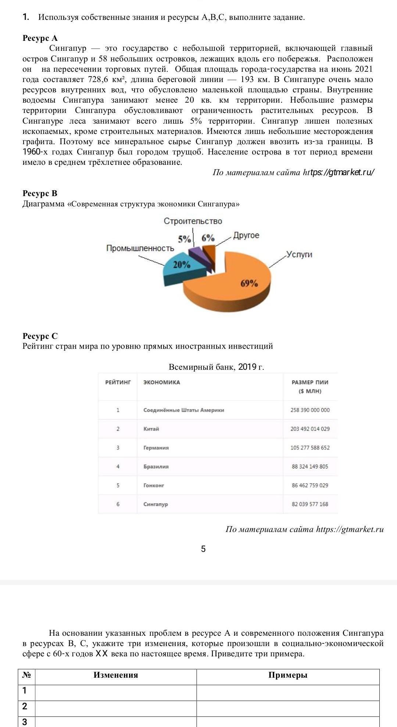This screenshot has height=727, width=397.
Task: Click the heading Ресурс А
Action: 40,38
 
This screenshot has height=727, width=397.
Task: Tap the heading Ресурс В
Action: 40,194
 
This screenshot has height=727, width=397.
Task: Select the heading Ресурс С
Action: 40,336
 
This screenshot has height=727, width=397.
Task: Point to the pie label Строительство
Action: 193,221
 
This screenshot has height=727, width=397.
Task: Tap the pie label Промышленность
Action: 140,248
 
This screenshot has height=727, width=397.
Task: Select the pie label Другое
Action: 246,235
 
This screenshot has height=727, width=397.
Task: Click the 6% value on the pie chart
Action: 208,238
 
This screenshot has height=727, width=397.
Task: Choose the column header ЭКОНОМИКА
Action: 162,382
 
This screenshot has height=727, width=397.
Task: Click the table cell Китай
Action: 151,429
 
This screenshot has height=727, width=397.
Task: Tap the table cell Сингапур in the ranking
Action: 155,504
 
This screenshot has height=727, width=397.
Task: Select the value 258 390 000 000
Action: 310,410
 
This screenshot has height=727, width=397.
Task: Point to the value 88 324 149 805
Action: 310,467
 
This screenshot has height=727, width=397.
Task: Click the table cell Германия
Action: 156,448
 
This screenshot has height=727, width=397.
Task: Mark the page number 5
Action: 203,549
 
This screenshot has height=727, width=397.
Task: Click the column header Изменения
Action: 116,675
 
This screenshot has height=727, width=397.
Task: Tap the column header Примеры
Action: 288,675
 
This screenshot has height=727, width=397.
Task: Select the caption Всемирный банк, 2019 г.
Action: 216,367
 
